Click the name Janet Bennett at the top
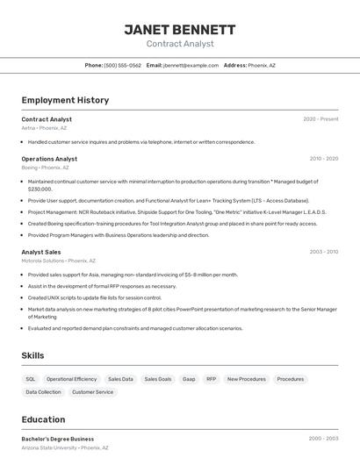click(180, 29)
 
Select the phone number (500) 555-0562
click(122, 65)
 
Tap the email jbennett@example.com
click(191, 65)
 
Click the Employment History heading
click(65, 100)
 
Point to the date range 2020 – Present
click(320, 119)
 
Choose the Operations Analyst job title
click(49, 159)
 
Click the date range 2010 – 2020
click(323, 159)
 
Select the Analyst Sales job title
click(41, 252)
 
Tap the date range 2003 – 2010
click(323, 252)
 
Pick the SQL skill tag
click(31, 379)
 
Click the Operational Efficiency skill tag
click(72, 379)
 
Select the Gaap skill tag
click(189, 379)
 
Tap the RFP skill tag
click(212, 379)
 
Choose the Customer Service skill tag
click(92, 392)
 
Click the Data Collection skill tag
click(44, 392)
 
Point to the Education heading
click(43, 419)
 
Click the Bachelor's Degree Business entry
click(57, 439)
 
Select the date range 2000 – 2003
click(323, 439)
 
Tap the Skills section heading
click(33, 355)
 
